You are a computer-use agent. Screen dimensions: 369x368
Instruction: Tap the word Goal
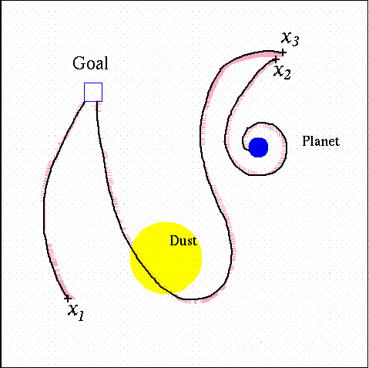coord(90,63)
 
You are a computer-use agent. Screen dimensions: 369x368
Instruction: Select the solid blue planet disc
coord(258,147)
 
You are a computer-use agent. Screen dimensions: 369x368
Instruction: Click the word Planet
coord(320,141)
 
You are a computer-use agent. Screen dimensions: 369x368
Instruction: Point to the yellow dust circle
coord(166,258)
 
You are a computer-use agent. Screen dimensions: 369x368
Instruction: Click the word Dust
coord(183,241)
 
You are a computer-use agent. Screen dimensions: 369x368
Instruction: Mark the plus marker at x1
coord(68,299)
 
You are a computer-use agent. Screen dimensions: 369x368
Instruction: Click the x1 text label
coord(76,312)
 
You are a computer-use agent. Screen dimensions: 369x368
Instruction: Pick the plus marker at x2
coord(275,60)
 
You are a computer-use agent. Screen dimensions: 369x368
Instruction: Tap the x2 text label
coord(282,73)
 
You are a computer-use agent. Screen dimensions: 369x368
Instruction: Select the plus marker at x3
coord(283,52)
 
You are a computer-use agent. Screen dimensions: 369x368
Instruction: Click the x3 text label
coord(290,39)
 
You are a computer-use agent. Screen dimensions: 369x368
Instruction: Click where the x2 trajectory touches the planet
coord(249,149)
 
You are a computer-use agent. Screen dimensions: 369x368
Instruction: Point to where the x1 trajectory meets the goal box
coord(85,102)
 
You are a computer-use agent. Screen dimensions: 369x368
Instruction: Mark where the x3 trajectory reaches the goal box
coord(96,102)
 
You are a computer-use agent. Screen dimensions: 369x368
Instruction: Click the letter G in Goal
coord(78,63)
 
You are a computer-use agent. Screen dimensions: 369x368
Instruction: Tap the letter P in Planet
coord(306,141)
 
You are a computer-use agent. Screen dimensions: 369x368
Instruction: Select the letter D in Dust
coord(175,241)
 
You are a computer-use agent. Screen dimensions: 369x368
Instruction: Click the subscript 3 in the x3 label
coord(295,42)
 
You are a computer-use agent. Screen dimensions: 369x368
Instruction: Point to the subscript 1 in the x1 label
coord(81,316)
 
